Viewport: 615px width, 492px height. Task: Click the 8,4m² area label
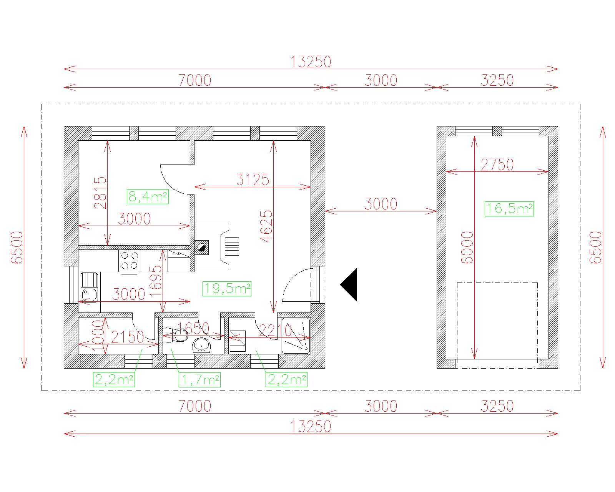tap(148, 196)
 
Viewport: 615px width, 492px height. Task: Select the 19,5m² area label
tap(227, 288)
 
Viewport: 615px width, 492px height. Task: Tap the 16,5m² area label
tap(509, 209)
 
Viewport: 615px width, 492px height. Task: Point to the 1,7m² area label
tap(200, 380)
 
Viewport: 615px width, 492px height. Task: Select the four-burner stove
tap(130, 261)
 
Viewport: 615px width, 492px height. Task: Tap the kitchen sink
tap(90, 287)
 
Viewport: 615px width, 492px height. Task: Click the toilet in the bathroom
tap(176, 335)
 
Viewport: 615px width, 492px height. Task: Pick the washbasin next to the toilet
tap(202, 345)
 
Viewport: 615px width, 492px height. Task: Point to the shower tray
tap(296, 336)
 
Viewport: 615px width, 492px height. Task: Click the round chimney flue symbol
tap(202, 247)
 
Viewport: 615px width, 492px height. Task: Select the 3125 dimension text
tap(253, 180)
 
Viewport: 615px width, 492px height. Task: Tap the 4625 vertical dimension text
tap(266, 226)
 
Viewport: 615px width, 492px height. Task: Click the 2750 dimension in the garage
tap(497, 165)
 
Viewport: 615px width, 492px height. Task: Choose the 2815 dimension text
tap(100, 193)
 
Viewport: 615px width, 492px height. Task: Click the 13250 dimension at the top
tap(311, 62)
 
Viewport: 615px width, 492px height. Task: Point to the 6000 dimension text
tap(467, 247)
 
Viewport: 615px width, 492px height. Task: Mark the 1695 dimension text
tap(156, 282)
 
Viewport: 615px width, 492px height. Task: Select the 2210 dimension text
tap(276, 331)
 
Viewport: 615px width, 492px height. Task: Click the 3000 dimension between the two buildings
tap(381, 204)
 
